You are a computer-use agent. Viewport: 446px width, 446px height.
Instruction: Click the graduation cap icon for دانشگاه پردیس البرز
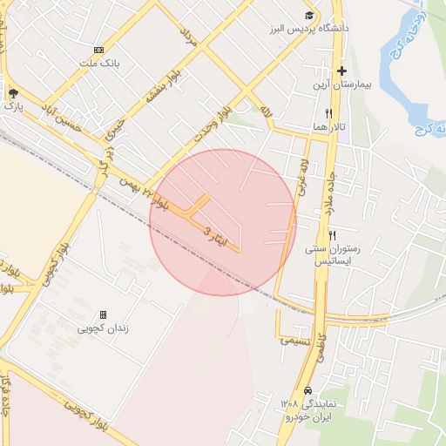coord(309,16)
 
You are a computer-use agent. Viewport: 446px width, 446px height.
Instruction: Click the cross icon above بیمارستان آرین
coord(341,71)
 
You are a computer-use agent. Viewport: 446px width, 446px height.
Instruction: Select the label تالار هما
coord(330,127)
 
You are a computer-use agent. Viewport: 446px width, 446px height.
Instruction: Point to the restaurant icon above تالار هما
coord(328,113)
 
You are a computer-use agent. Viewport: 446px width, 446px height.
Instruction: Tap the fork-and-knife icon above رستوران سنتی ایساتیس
coord(332,235)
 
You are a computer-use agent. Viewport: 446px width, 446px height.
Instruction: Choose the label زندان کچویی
coord(103,328)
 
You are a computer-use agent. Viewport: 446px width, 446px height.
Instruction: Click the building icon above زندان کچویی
coord(103,314)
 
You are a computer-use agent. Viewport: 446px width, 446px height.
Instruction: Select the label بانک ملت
coord(97,63)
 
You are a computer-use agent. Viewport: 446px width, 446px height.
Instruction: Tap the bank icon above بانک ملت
coord(98,50)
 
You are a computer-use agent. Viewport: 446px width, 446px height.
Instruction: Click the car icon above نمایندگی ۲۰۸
coord(308,390)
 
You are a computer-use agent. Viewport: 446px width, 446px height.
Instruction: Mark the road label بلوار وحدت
coord(214,120)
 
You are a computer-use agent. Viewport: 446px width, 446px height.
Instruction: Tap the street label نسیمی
coord(294,341)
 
